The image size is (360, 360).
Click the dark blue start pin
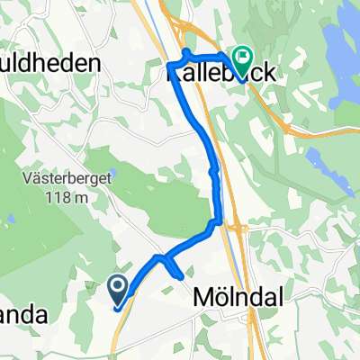[119, 290]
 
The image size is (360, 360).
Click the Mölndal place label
[226, 296]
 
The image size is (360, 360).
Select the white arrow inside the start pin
[119, 287]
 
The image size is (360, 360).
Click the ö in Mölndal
[217, 296]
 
